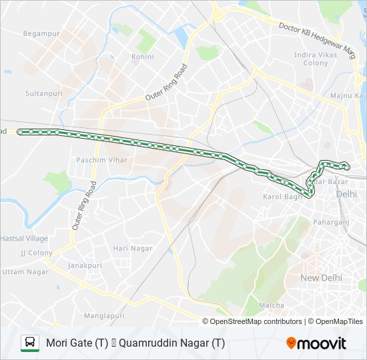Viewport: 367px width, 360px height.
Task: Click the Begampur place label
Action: (x=42, y=33)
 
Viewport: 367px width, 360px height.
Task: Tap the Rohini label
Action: (x=142, y=57)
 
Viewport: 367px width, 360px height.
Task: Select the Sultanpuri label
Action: (x=43, y=94)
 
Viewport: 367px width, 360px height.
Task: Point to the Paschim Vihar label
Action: (x=101, y=161)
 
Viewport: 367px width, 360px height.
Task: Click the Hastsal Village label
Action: (x=24, y=238)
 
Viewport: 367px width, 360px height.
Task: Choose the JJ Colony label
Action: (x=36, y=253)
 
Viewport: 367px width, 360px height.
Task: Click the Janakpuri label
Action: (x=85, y=265)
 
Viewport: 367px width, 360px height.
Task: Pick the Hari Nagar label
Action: (x=133, y=248)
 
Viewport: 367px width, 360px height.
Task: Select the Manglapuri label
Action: (x=104, y=315)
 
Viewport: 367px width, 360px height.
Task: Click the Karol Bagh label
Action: (x=283, y=197)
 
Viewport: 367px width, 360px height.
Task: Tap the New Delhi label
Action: (x=321, y=277)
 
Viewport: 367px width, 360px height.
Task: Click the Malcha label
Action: (x=272, y=305)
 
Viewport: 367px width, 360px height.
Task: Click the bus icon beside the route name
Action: (x=30, y=343)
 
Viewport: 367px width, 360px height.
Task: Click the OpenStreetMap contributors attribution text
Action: (x=256, y=321)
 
